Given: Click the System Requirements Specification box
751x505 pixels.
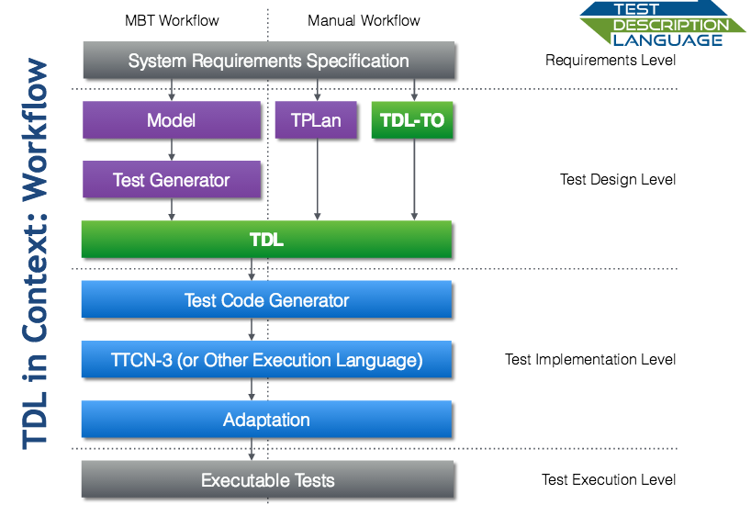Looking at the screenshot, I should pos(268,62).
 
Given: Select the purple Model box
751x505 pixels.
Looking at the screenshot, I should pos(172,120).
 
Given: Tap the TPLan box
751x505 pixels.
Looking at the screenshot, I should pos(316,120).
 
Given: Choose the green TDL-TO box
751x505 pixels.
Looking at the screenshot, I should pos(412,120).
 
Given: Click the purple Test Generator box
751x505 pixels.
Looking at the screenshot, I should pos(172,180).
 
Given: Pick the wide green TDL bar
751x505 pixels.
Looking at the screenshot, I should pos(266,240).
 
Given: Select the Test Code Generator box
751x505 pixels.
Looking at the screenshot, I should pos(266,300).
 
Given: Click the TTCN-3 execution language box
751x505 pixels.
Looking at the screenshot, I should pos(266,360).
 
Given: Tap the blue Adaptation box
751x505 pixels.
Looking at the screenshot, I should pos(266,420).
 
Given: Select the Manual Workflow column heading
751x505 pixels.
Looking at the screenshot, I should pos(364,20).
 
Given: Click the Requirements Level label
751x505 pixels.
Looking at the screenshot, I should pos(611,61).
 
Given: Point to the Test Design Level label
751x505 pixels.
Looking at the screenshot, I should pos(618,180).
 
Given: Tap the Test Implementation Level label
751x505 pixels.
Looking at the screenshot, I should pos(590,359).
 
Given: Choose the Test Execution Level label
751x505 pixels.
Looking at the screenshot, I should pos(609,479).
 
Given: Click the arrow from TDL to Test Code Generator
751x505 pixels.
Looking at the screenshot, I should pos(252,269).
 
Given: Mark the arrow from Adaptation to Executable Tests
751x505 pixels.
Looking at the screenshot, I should pos(252,449).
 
